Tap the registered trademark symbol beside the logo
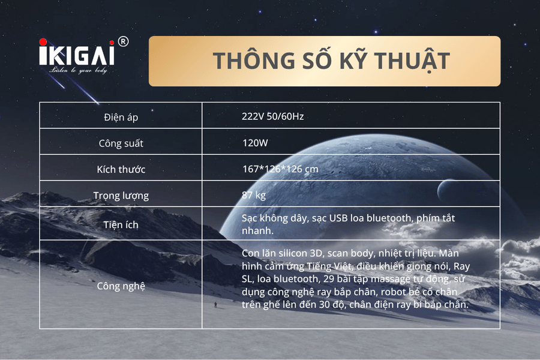pos(123,41)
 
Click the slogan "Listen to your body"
pos(78,70)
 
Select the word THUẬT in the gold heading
pos(412,61)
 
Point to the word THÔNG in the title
pos(254,60)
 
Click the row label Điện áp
pos(121,117)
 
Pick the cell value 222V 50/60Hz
pos(272,116)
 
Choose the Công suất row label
pos(121,143)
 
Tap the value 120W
pos(255,143)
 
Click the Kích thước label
pos(121,169)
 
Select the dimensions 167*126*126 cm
pos(280,169)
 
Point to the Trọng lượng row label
pos(121,196)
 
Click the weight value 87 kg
pos(253,196)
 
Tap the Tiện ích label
pos(121,224)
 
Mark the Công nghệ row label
pos(121,286)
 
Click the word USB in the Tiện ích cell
pos(338,218)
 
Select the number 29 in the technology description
pos(329,278)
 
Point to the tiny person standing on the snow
pos(215,305)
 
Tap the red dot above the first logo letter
pos(43,42)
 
